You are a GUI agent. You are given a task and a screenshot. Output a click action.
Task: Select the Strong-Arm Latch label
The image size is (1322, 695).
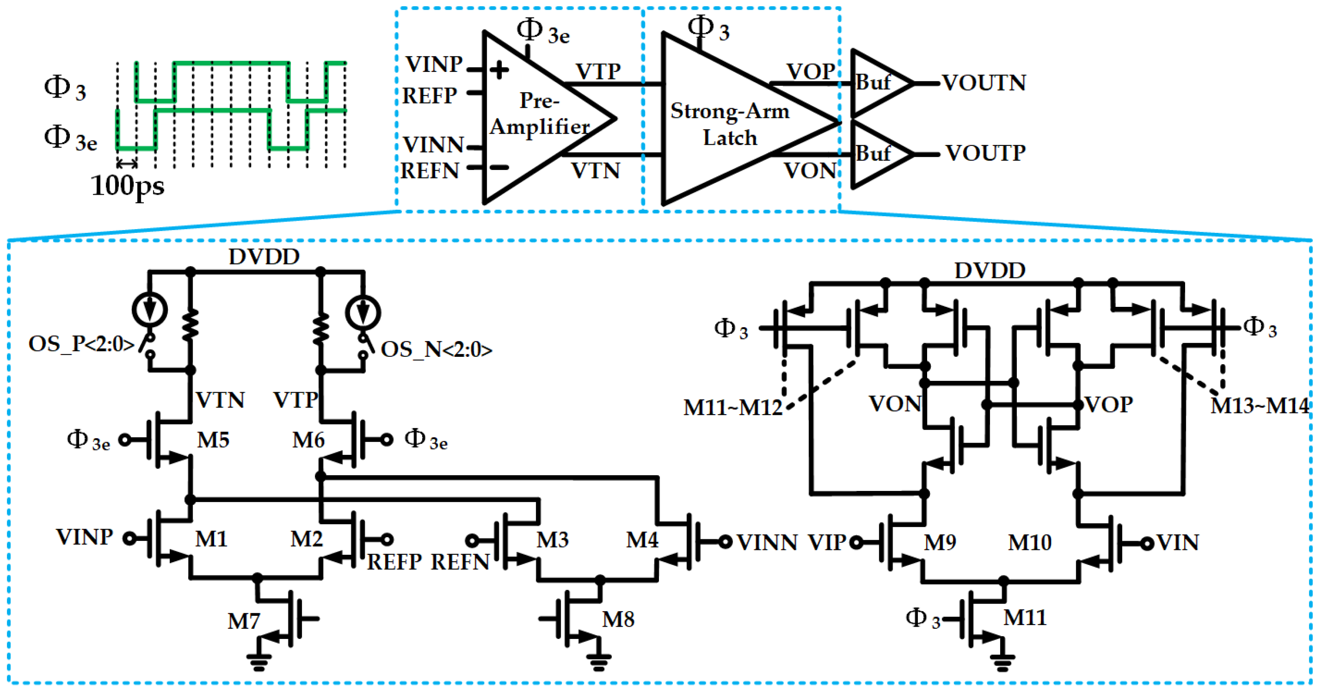[729, 124]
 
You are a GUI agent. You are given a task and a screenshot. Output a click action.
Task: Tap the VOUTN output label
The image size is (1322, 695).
[984, 83]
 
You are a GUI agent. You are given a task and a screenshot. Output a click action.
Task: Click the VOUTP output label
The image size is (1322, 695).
[985, 153]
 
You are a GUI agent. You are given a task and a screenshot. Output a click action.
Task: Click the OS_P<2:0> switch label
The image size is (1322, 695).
[81, 344]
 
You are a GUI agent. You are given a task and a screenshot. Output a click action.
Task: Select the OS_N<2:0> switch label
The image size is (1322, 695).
[436, 350]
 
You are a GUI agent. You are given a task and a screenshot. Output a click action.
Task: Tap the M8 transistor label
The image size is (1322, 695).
[618, 619]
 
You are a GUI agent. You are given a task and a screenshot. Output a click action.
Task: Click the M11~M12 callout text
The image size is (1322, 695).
[733, 408]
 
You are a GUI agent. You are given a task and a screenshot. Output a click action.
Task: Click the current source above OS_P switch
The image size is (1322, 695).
[150, 310]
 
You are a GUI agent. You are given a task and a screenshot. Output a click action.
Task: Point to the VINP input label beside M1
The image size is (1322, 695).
[84, 537]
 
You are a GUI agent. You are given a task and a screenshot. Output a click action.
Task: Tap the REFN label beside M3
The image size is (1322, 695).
[460, 562]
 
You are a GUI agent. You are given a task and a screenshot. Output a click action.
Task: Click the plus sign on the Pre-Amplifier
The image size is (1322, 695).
[499, 70]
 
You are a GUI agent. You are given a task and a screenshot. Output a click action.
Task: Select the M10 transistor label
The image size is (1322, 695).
[1029, 543]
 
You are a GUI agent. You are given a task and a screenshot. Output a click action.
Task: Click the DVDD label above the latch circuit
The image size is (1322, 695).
[989, 271]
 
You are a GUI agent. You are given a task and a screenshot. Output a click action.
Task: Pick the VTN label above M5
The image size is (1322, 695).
[220, 400]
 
